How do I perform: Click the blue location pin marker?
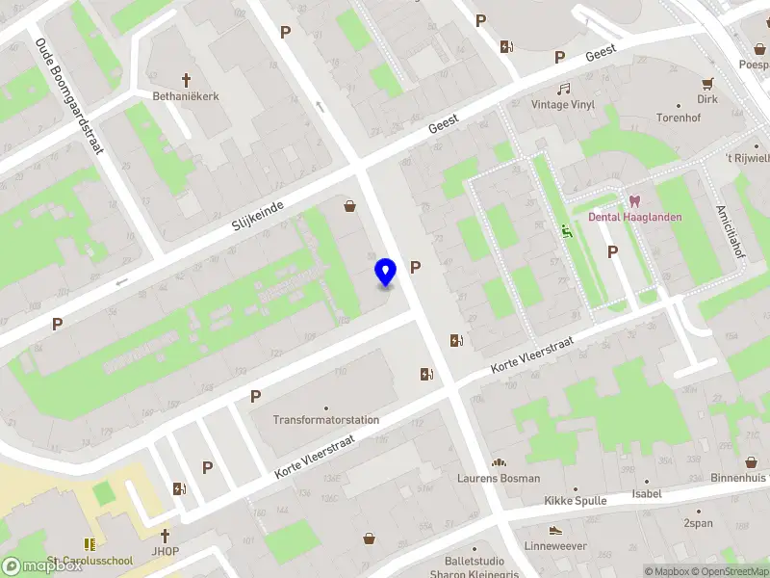coord(385,273)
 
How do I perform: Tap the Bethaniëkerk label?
coord(187,96)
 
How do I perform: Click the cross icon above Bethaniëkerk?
coord(187,80)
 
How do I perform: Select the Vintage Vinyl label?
coord(563,105)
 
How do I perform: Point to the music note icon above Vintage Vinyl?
coord(563,89)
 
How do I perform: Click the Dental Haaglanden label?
coord(635,217)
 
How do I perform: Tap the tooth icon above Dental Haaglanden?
coord(634,200)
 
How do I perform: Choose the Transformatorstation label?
coord(326,420)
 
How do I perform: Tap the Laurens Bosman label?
coord(499,478)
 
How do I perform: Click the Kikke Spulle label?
coord(575,501)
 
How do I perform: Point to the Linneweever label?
coord(555,546)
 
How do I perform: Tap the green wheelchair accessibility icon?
coord(567,230)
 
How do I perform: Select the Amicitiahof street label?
coord(728,229)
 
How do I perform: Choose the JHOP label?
coord(165,551)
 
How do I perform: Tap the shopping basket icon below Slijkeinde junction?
coord(349,205)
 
